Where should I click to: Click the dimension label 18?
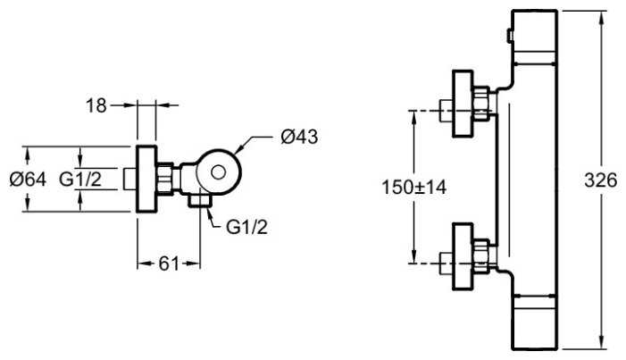click(96, 106)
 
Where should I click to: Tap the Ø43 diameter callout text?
click(299, 137)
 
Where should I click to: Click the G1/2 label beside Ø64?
click(80, 180)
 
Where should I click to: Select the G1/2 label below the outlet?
click(246, 227)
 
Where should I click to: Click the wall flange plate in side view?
click(146, 179)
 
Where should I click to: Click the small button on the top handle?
click(509, 37)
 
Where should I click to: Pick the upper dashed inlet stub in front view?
click(447, 112)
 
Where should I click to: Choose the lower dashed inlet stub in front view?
click(447, 263)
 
